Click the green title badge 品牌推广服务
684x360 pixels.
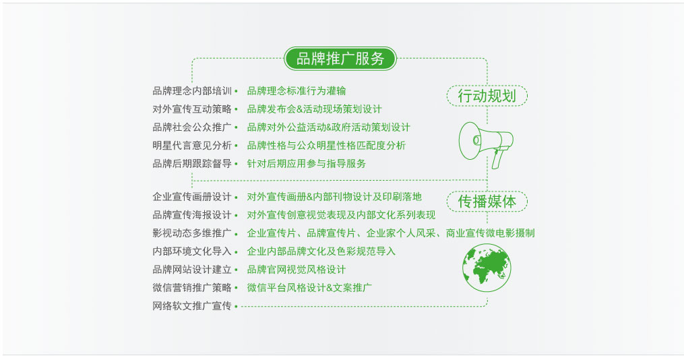[x=340, y=59]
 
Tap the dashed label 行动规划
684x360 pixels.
[x=487, y=96]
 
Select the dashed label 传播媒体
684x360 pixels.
[x=487, y=202]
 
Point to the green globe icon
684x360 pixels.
[x=487, y=268]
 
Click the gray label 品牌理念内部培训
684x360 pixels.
[x=192, y=91]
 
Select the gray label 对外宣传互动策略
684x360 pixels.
[x=192, y=109]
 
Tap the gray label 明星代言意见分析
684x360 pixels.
[x=192, y=146]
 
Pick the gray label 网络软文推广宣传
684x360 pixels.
[x=192, y=306]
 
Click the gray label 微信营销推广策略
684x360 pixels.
[x=192, y=288]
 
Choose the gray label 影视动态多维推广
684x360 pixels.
[x=192, y=233]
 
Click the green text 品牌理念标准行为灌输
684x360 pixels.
[x=297, y=91]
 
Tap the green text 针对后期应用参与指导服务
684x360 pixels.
[x=307, y=164]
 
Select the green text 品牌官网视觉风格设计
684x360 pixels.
[x=297, y=270]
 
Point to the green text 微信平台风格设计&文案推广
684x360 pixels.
[x=309, y=288]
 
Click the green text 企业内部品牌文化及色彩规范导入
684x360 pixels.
[x=321, y=251]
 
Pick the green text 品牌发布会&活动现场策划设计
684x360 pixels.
[x=315, y=109]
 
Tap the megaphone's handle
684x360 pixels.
[x=498, y=158]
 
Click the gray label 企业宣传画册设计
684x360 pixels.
[x=192, y=197]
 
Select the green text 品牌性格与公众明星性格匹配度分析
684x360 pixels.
[x=326, y=146]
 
